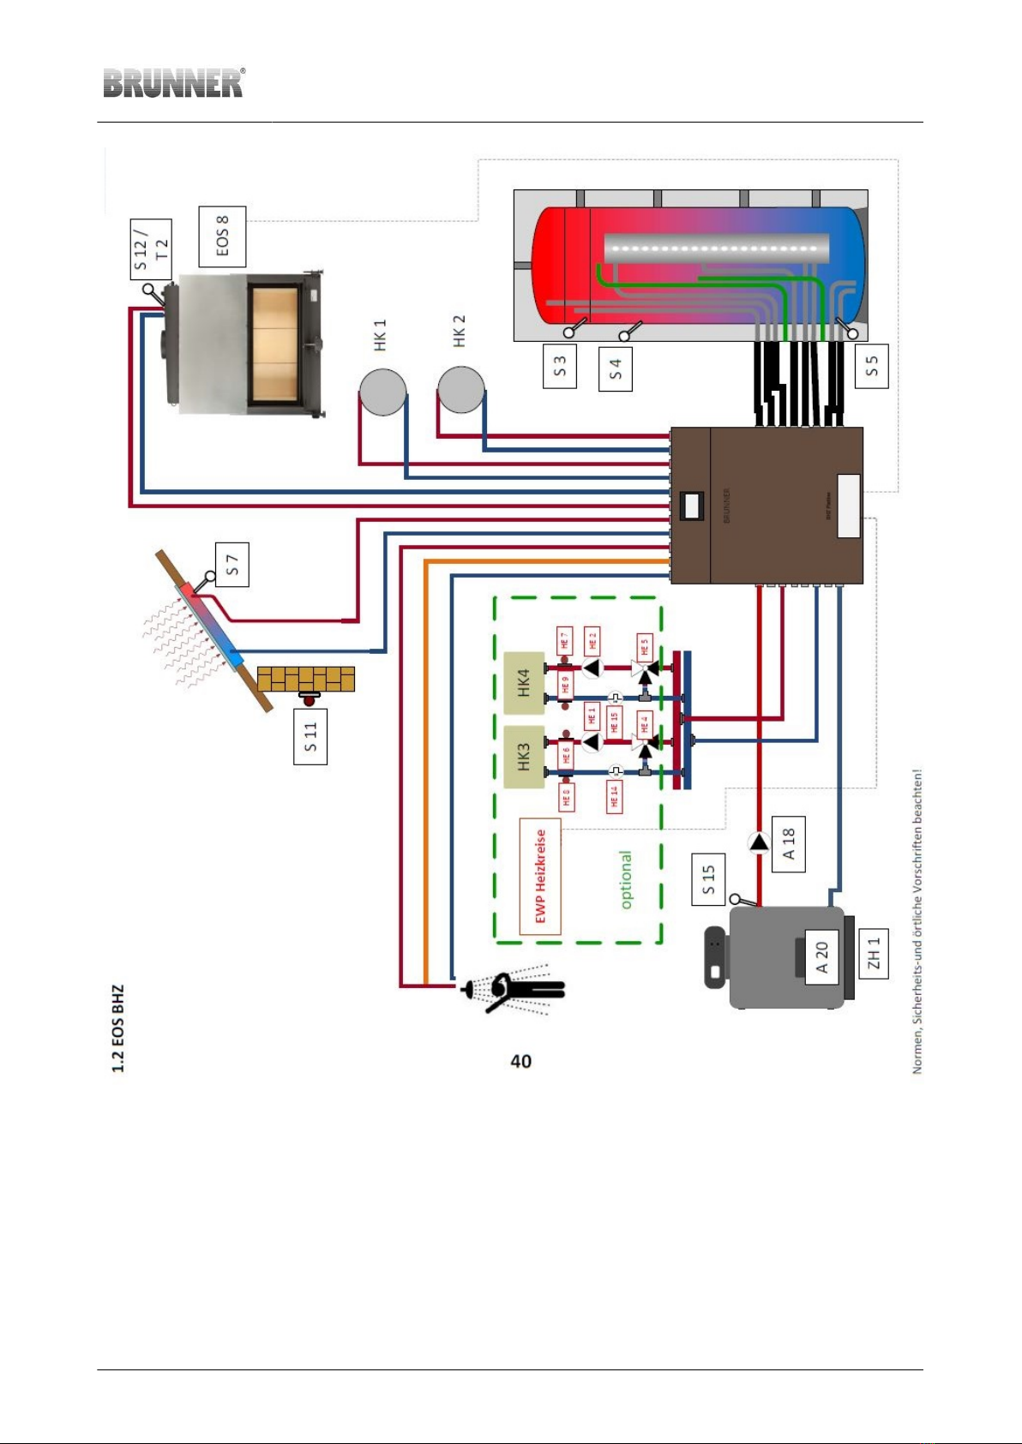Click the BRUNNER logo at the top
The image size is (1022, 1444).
coord(174,83)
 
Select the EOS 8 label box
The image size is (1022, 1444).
coord(222,237)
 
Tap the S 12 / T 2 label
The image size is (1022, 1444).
coord(152,249)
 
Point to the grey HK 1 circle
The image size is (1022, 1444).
coord(382,392)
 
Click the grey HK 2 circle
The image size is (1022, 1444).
coord(461,390)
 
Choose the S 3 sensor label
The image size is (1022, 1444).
coord(560,367)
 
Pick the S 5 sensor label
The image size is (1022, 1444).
coord(872,367)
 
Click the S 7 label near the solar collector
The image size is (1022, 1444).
coord(231,565)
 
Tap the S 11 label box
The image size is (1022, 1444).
coord(310,737)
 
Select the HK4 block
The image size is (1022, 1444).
coord(524,683)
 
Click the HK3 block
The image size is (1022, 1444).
coord(524,757)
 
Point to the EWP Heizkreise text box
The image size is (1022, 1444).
coord(540,876)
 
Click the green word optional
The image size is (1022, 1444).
coord(626,880)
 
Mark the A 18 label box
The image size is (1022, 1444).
coord(789,844)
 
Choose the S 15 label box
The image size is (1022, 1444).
coord(708,879)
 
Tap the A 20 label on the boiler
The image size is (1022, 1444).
coord(821,957)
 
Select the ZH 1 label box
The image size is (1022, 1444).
coord(873,954)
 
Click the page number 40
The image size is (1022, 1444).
coord(520,1061)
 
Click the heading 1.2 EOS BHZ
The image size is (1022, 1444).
coord(118,1028)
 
